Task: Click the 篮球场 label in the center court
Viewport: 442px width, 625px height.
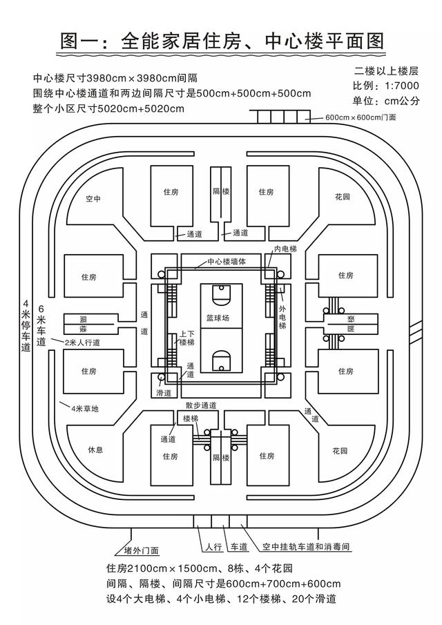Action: coord(218,318)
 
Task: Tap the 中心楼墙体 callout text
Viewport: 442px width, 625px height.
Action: coord(227,262)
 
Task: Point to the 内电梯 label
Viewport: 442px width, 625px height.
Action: coord(285,249)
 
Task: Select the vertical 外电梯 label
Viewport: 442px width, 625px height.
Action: coord(282,317)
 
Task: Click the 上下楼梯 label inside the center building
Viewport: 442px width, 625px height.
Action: coord(186,338)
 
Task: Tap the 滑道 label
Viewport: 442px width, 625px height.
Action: coord(164,393)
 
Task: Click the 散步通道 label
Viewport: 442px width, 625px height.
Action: coord(201,405)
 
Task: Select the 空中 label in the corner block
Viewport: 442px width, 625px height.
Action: coord(93,198)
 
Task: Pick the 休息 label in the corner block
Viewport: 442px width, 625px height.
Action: coord(95,450)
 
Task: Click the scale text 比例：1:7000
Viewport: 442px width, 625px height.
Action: coord(385,86)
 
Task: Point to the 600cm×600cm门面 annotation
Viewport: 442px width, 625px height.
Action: coord(361,117)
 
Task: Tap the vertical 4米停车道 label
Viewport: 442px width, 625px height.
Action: coord(26,325)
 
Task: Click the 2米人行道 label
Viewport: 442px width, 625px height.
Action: coord(82,343)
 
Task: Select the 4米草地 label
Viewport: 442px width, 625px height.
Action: coord(84,409)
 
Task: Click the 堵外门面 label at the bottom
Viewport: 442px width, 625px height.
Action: coord(142,550)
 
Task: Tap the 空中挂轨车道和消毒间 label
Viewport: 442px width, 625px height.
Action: coord(306,546)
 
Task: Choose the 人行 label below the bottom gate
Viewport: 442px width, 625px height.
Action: coord(213,547)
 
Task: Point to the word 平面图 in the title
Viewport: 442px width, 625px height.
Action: coord(345,41)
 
